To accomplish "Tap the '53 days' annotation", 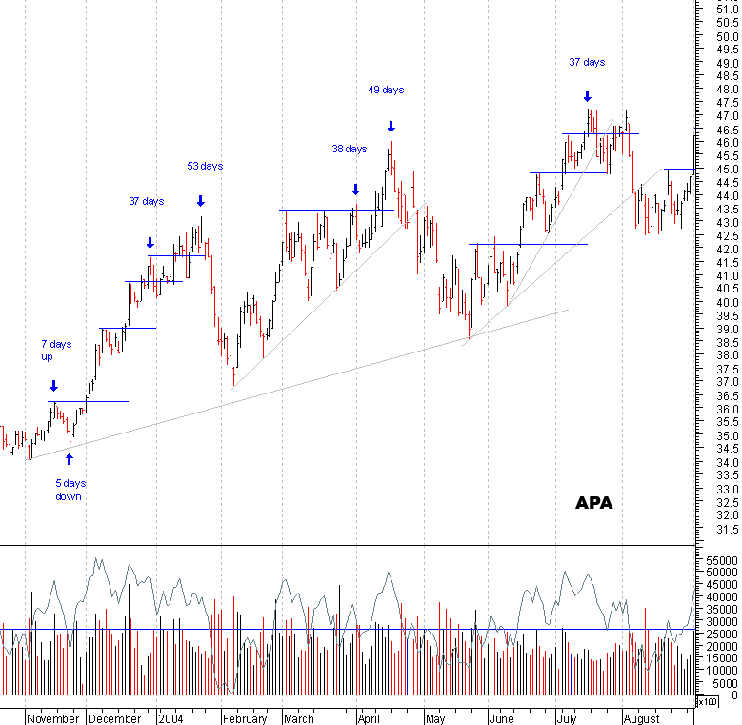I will (x=205, y=166).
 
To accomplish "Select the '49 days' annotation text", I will (x=386, y=91).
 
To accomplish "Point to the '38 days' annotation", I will (x=350, y=150).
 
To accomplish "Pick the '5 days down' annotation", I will (x=70, y=490).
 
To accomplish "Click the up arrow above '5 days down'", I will (x=69, y=459).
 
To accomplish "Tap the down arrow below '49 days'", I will (x=391, y=127).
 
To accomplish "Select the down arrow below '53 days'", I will (x=201, y=200).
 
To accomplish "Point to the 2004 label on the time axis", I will (x=171, y=718).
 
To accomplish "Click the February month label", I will (x=245, y=718).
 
